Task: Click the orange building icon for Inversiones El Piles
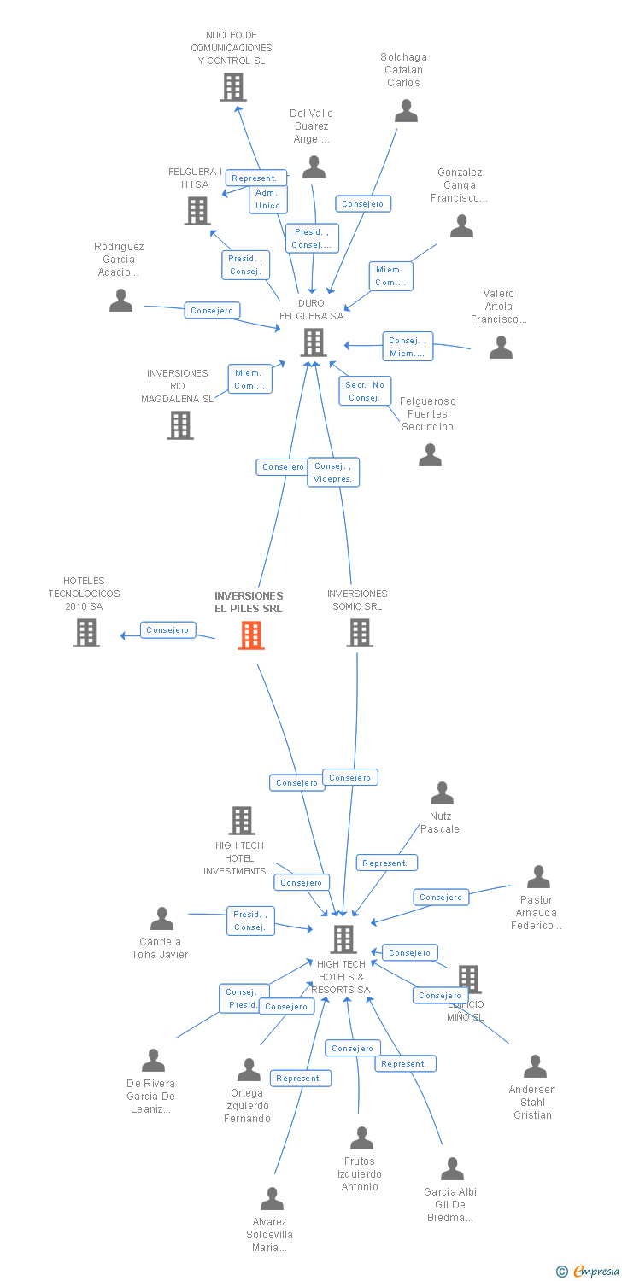pyautogui.click(x=251, y=635)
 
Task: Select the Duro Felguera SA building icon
pyautogui.click(x=314, y=342)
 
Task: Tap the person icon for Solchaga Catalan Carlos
pyautogui.click(x=406, y=111)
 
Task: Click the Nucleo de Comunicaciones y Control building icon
pyautogui.click(x=232, y=87)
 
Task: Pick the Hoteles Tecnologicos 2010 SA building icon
pyautogui.click(x=86, y=633)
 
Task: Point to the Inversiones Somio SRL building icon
pyautogui.click(x=360, y=633)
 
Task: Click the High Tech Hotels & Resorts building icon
pyautogui.click(x=343, y=939)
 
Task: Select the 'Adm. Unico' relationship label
pyautogui.click(x=268, y=199)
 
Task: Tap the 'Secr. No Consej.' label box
pyautogui.click(x=365, y=391)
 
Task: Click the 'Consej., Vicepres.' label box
pyautogui.click(x=333, y=472)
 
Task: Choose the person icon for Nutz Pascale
pyautogui.click(x=442, y=793)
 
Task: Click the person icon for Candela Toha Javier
pyautogui.click(x=161, y=919)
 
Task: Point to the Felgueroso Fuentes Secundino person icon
pyautogui.click(x=430, y=455)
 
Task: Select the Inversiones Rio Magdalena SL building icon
pyautogui.click(x=180, y=424)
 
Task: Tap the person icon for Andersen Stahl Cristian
pyautogui.click(x=535, y=1067)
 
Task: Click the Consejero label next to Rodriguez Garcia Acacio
pyautogui.click(x=212, y=311)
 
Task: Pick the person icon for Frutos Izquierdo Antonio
pyautogui.click(x=361, y=1138)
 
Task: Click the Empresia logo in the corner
pyautogui.click(x=587, y=1271)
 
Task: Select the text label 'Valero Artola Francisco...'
pyautogui.click(x=499, y=307)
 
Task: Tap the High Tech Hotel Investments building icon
pyautogui.click(x=242, y=821)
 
